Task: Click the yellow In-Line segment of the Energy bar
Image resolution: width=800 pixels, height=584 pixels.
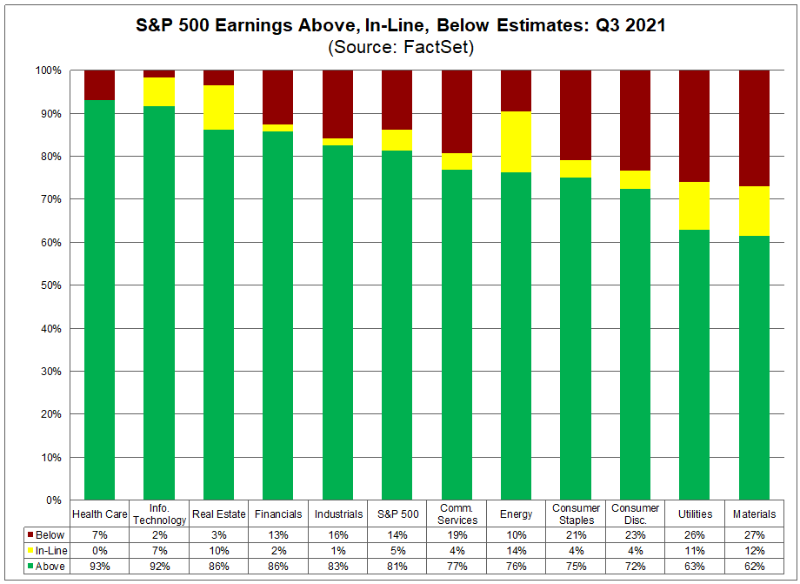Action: [x=517, y=142]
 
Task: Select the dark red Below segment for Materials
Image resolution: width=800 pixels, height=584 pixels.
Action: [x=754, y=128]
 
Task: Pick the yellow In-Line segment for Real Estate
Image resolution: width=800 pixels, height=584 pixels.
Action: [x=218, y=107]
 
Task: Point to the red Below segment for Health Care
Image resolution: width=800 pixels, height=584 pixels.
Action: [x=99, y=84]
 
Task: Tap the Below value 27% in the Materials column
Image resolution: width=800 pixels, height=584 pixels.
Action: [x=754, y=534]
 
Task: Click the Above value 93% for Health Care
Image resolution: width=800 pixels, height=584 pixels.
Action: [x=99, y=567]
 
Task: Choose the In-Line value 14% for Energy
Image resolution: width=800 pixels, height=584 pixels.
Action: [x=517, y=550]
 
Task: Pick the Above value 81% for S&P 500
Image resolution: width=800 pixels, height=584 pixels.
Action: [x=397, y=567]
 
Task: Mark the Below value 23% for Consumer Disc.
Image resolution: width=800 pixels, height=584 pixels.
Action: [x=635, y=534]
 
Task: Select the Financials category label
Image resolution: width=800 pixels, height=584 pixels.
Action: [x=278, y=514]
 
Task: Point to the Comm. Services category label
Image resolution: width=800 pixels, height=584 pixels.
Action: [x=457, y=514]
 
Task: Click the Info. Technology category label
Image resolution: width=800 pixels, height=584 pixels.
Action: [x=159, y=514]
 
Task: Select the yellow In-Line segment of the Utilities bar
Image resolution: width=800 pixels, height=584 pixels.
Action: [x=694, y=205]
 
